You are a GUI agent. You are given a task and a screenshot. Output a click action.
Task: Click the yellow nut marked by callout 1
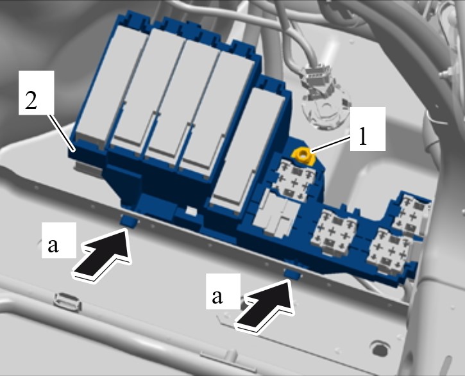click(303, 156)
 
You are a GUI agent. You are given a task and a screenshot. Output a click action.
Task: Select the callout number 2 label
click(31, 101)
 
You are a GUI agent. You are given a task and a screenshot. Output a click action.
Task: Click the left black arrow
click(104, 254)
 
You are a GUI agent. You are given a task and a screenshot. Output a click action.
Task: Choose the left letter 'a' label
click(53, 245)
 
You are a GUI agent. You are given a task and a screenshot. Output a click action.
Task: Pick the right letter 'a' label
click(217, 296)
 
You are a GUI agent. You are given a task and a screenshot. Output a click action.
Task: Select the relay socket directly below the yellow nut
click(294, 181)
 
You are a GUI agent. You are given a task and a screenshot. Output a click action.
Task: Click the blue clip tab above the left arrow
click(129, 221)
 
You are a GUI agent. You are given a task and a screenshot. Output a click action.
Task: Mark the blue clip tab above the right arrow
click(292, 274)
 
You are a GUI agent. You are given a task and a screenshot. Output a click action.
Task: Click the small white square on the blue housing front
click(192, 211)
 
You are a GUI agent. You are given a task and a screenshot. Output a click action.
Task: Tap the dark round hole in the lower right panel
click(380, 348)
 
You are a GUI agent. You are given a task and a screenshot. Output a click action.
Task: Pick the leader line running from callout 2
click(62, 133)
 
